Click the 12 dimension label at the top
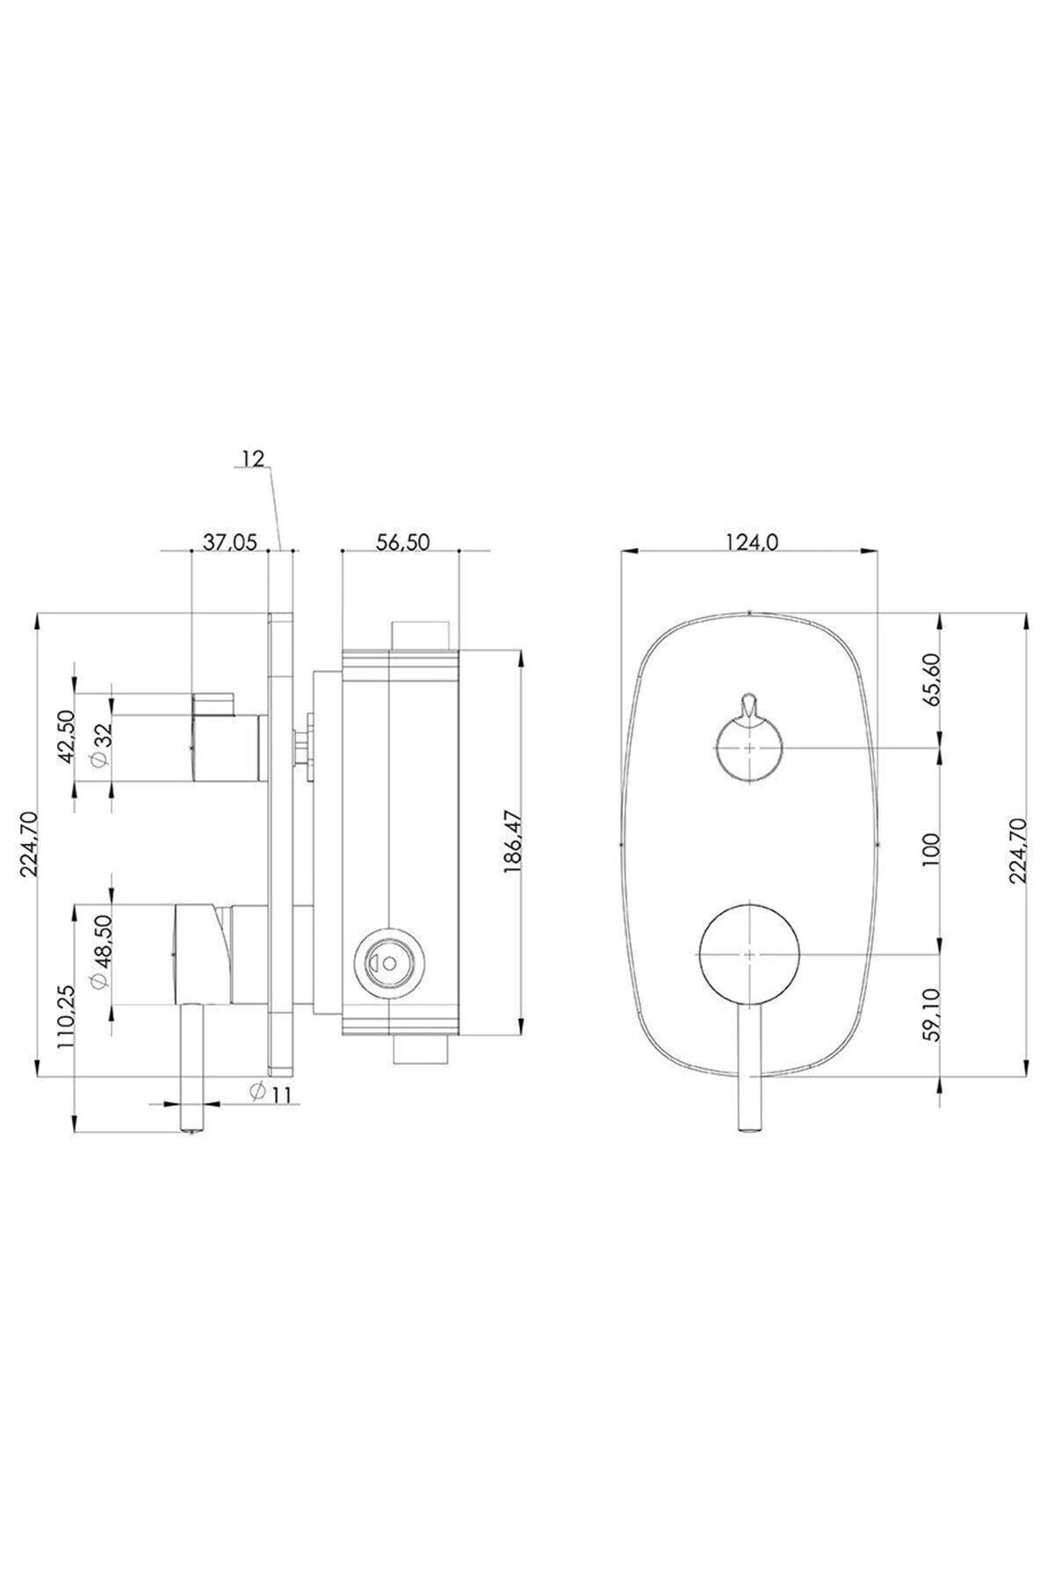pyautogui.click(x=253, y=458)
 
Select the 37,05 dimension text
pyautogui.click(x=229, y=543)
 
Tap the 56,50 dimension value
pyautogui.click(x=402, y=543)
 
